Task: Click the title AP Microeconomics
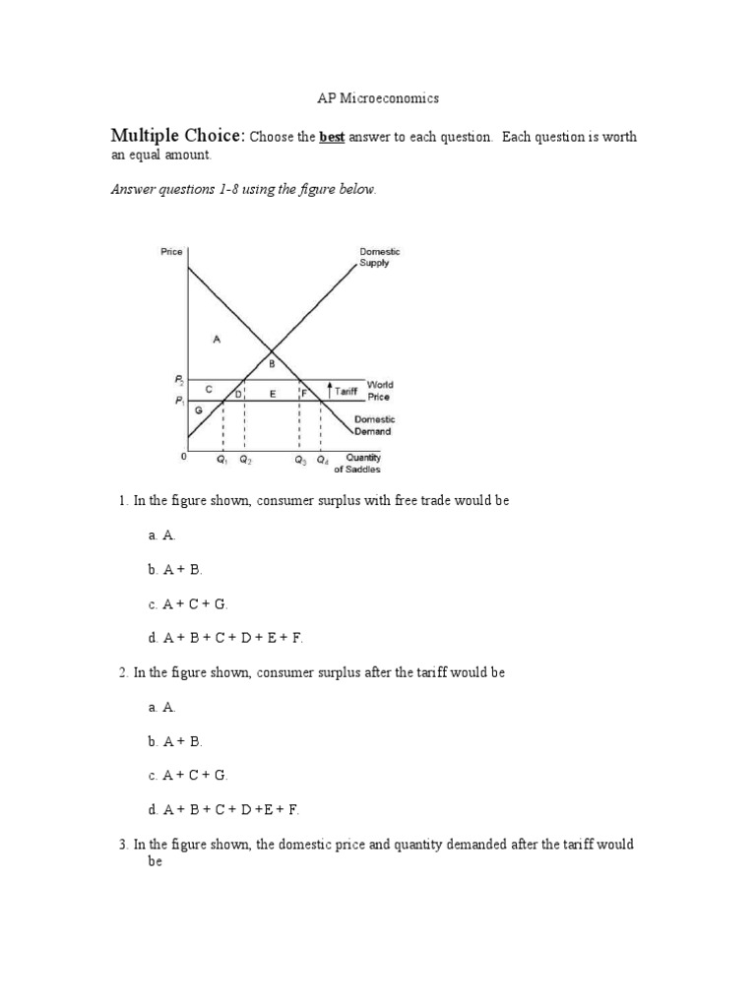(x=377, y=98)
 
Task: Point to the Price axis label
(x=171, y=252)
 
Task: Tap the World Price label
(x=379, y=391)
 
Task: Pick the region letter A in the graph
(x=216, y=339)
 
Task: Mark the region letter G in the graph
(x=199, y=409)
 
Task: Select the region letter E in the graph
(x=272, y=393)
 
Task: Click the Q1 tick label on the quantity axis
(x=222, y=460)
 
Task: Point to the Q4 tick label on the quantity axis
(x=323, y=460)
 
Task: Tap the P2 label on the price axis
(x=179, y=379)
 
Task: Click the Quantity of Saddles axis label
(x=362, y=463)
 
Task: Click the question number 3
(x=124, y=845)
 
